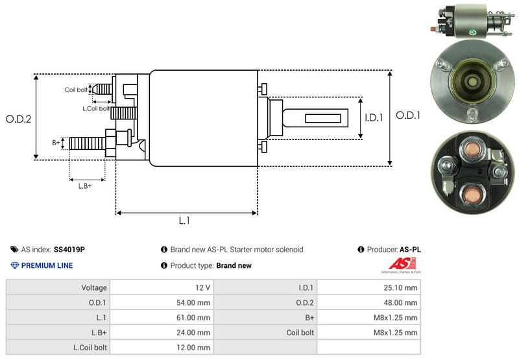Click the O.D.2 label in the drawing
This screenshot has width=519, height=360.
19,119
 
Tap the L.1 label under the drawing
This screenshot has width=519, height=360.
184,221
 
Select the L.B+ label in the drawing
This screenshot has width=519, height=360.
85,186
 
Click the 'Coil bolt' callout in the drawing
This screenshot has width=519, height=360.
76,90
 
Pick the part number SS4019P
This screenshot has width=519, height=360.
69,249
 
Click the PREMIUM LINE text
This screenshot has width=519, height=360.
47,265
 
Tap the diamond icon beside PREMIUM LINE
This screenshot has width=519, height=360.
14,265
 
